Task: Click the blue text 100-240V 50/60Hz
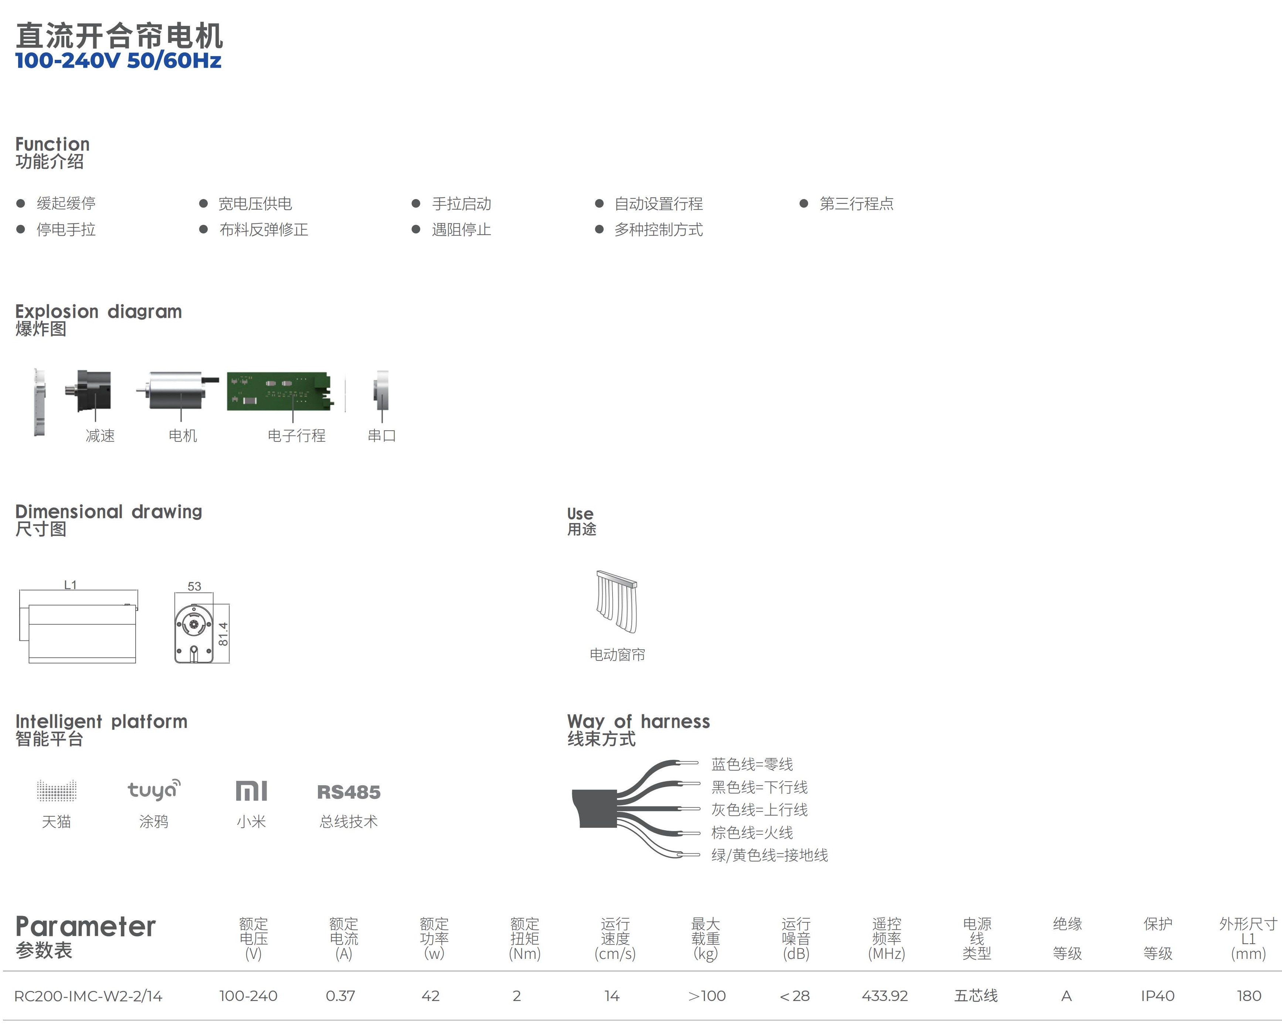click(118, 61)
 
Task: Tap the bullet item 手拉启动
click(461, 204)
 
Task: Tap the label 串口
click(381, 436)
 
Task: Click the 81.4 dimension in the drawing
click(223, 634)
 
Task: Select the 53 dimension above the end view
click(194, 586)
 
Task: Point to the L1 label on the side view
click(70, 585)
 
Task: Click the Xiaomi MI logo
click(251, 791)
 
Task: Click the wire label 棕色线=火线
click(752, 832)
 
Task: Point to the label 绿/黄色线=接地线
click(769, 855)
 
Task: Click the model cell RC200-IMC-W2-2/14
click(88, 996)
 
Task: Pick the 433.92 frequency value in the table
click(885, 996)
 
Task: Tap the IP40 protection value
click(1157, 996)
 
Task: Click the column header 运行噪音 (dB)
click(796, 939)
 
